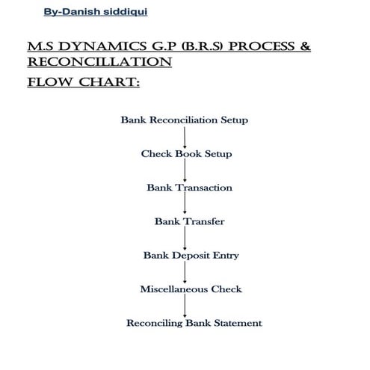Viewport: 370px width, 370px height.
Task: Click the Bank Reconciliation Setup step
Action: (184, 120)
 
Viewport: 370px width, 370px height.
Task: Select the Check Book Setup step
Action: (186, 154)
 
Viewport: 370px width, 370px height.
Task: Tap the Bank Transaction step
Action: (189, 188)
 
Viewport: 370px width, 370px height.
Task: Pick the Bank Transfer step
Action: (189, 221)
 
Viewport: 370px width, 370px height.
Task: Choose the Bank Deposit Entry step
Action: (191, 255)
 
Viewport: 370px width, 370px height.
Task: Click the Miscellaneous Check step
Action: (191, 289)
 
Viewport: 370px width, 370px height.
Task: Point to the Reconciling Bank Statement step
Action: (194, 323)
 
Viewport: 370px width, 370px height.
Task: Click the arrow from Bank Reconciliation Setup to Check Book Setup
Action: (185, 137)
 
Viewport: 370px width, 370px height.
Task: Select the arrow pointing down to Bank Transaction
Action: (185, 170)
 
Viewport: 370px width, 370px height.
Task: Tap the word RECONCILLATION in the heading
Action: (99, 64)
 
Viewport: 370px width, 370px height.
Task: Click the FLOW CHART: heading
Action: (82, 81)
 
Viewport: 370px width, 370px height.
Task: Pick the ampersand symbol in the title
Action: (304, 48)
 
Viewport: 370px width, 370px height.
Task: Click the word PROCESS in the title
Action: (256, 48)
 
